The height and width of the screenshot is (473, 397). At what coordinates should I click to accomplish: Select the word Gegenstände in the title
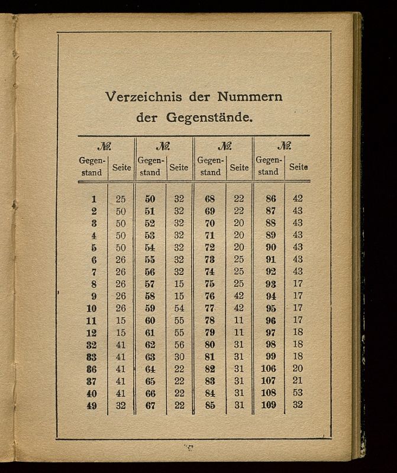click(x=211, y=117)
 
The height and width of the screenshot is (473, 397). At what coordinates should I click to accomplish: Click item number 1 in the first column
click(x=93, y=199)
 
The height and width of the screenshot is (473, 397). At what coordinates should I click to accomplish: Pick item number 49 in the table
click(x=91, y=406)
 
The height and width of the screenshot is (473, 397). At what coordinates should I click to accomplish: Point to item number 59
click(x=150, y=308)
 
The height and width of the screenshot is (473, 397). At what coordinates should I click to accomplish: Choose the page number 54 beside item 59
click(x=179, y=308)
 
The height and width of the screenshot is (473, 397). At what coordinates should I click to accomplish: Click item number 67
click(x=150, y=406)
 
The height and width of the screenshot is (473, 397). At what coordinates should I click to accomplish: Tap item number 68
click(x=209, y=199)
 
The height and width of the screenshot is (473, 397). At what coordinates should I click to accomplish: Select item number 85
click(x=209, y=406)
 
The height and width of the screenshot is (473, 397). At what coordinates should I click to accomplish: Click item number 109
click(x=269, y=406)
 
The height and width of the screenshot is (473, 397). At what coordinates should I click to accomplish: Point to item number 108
click(x=269, y=393)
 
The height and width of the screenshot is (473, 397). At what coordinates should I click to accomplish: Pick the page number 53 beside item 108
click(x=298, y=393)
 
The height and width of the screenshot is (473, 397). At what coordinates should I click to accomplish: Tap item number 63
click(x=150, y=357)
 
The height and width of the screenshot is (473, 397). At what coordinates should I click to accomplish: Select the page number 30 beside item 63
click(x=179, y=357)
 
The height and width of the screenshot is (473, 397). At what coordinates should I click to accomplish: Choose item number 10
click(x=91, y=308)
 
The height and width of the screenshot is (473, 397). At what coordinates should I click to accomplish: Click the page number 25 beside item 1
click(x=121, y=199)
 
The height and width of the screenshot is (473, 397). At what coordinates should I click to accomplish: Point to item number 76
click(x=209, y=296)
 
